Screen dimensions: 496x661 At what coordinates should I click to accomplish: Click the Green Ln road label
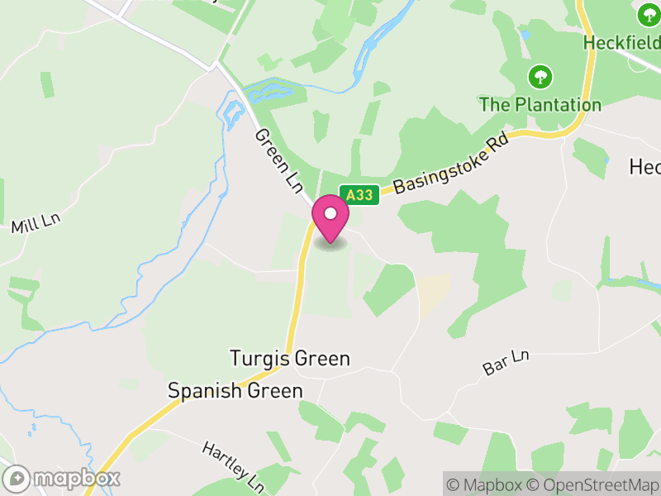point(278,161)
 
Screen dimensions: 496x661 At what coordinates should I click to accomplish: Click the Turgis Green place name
point(289,359)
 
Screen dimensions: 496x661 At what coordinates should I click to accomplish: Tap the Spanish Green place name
point(235,390)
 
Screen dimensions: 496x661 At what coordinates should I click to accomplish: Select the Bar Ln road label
point(506,363)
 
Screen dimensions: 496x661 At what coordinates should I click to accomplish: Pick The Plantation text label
point(540,105)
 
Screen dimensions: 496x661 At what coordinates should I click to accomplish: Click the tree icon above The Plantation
point(540,78)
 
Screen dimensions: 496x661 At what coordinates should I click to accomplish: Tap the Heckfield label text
point(621,41)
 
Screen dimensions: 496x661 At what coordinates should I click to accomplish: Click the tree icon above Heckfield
point(648,14)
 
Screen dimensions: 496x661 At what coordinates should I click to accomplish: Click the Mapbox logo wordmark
point(63,478)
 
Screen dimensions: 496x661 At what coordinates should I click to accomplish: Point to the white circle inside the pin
point(330,213)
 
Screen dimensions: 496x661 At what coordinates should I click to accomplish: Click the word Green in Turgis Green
point(322,359)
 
